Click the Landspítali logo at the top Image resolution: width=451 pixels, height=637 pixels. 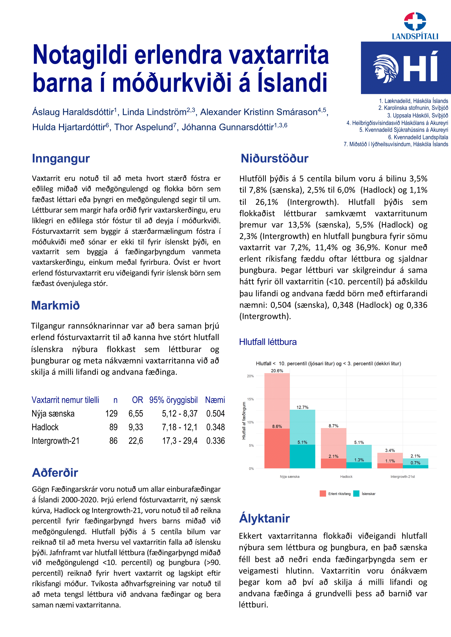[415, 26]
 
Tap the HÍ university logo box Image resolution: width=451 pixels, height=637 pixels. [405, 68]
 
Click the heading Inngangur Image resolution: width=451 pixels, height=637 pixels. [61, 159]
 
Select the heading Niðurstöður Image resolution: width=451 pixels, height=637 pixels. [274, 159]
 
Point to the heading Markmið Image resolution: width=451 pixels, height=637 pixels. [56, 305]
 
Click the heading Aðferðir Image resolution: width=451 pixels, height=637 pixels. [55, 473]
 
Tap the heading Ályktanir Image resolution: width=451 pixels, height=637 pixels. [264, 518]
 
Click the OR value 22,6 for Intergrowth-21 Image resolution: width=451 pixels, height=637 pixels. [136, 441]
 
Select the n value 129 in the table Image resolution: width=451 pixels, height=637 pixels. [111, 413]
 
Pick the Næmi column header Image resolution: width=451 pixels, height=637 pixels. [215, 400]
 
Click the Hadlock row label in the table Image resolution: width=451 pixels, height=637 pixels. [45, 427]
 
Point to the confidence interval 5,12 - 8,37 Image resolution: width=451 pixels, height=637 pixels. [180, 413]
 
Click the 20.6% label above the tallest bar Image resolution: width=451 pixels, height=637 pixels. [277, 371]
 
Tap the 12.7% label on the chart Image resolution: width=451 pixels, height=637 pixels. [302, 407]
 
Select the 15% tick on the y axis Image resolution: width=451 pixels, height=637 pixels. [250, 399]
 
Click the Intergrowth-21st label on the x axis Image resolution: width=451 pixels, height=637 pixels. [402, 477]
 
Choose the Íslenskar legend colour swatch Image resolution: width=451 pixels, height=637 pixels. [356, 493]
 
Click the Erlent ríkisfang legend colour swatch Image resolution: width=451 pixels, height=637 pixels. [322, 493]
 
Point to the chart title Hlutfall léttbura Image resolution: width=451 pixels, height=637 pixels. [268, 342]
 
